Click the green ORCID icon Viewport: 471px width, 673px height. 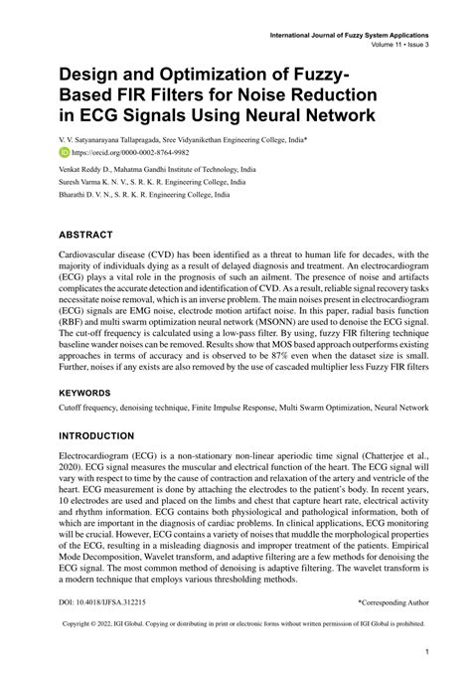[66, 154]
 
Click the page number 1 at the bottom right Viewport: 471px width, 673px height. [425, 653]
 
